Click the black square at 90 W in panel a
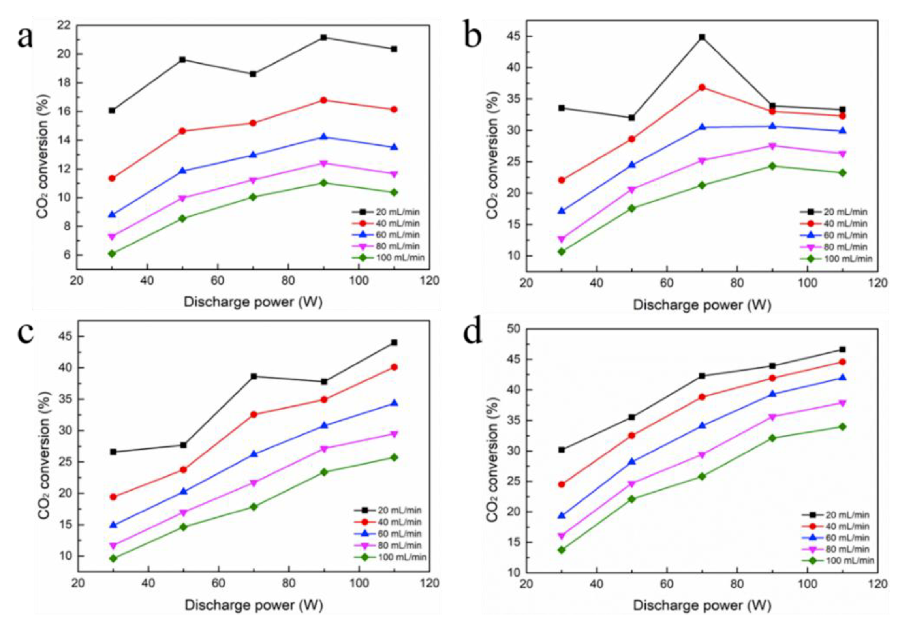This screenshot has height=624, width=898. [323, 37]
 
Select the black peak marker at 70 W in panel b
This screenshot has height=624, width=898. [702, 37]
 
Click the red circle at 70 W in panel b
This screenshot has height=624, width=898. [702, 87]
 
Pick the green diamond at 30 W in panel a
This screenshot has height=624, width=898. [112, 253]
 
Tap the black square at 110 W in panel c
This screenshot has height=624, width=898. [394, 342]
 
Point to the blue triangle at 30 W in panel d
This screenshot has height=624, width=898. [561, 515]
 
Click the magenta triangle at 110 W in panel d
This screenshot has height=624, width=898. [842, 403]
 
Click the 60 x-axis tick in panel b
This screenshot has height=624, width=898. [667, 283]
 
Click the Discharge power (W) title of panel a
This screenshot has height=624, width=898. [253, 302]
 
